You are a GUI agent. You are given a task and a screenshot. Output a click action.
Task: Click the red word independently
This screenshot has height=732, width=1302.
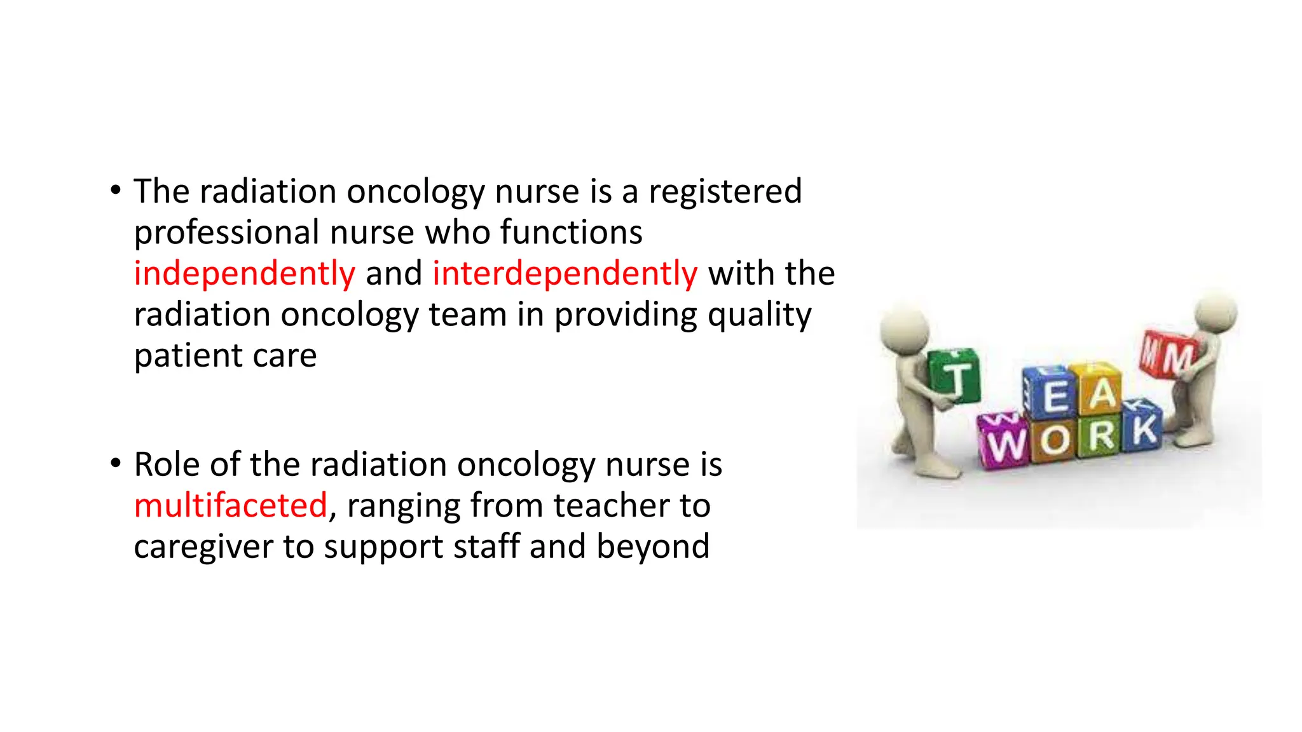244,274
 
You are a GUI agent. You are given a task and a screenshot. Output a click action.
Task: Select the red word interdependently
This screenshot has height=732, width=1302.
565,274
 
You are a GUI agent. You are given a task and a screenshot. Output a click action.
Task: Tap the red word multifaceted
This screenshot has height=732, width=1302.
231,506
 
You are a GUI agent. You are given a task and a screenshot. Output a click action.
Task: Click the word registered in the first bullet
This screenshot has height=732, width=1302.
725,192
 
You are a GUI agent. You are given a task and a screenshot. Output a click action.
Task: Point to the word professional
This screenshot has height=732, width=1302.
226,233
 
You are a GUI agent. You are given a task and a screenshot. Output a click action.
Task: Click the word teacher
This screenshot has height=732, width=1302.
611,506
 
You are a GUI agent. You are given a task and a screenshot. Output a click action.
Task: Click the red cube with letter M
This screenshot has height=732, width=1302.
1169,356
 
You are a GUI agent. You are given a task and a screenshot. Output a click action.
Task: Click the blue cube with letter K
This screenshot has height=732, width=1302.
1143,428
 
